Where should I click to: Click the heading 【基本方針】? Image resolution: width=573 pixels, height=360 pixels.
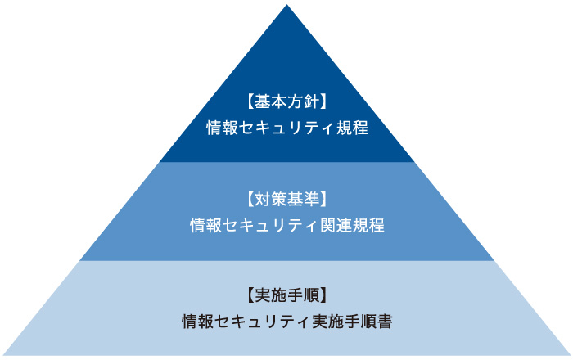tap(286, 102)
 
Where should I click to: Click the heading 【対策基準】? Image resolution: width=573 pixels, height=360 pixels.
tap(286, 199)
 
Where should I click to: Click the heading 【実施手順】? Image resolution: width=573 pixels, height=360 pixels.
tap(286, 295)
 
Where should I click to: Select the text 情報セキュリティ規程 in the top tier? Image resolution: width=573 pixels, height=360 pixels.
tap(286, 128)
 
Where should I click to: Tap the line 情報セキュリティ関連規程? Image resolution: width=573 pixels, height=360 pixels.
tap(286, 225)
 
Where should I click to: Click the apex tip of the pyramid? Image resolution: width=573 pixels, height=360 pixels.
tap(286, 7)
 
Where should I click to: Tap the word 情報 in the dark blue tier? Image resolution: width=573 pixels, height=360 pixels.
tap(222, 128)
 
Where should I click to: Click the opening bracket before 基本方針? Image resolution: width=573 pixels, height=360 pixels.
tap(250, 102)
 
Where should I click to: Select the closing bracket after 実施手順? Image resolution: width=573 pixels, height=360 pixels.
tap(323, 295)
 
